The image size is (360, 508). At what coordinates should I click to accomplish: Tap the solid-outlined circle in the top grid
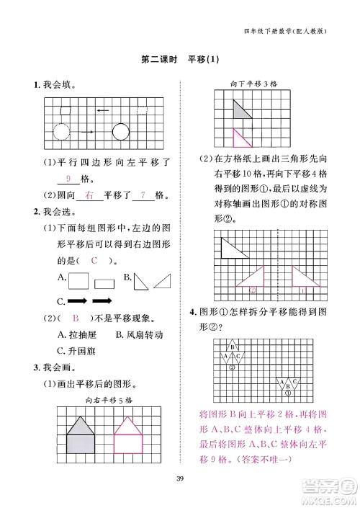point(120,132)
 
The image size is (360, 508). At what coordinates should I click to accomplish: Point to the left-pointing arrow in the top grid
point(103,110)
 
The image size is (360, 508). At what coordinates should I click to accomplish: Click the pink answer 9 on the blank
point(68,179)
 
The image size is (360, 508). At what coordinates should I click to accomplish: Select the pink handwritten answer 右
point(89,195)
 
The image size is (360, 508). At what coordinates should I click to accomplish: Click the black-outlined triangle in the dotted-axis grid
point(232,248)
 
